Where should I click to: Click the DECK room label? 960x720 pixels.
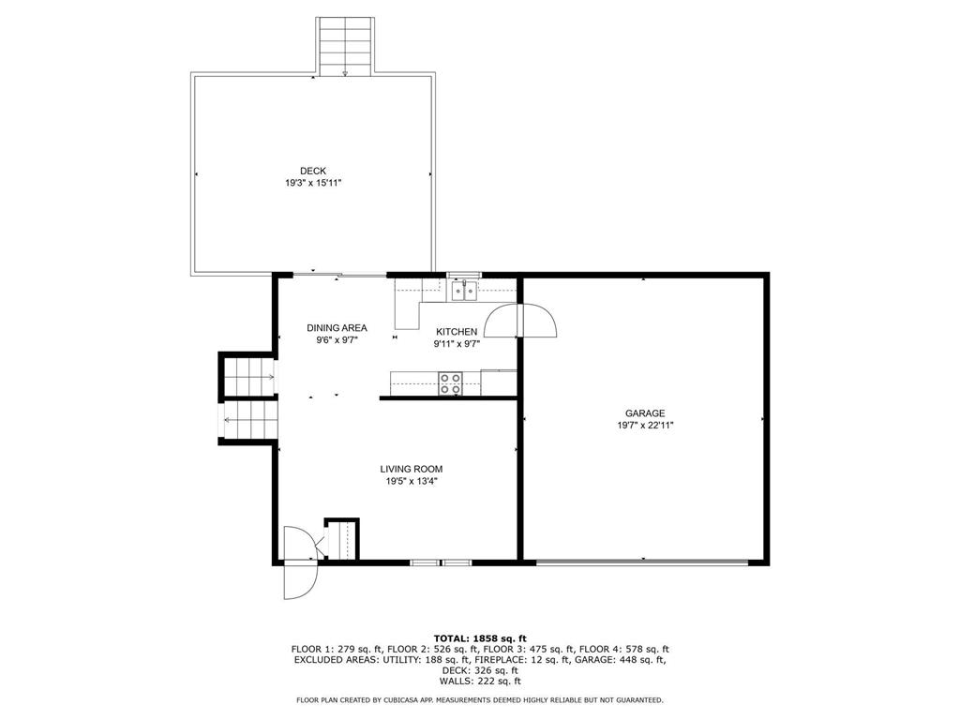313,171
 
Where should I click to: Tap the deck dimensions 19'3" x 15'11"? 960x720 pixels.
313,183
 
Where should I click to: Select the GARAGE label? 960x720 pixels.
645,413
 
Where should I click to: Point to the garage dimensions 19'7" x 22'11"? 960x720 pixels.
645,425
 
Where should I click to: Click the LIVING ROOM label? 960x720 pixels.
412,469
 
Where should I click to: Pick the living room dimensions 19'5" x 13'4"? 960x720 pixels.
412,481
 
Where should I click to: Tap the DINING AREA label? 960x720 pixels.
337,328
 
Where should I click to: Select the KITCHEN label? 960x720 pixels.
457,332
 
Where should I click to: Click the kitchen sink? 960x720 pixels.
465,291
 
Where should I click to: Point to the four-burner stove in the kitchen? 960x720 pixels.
450,382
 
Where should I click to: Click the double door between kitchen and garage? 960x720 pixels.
520,321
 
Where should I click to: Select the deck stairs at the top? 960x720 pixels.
345,47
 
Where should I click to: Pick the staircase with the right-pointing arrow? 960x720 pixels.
247,376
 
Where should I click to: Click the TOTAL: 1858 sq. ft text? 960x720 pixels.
480,638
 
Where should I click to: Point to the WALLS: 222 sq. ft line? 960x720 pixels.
480,681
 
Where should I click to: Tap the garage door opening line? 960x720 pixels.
642,562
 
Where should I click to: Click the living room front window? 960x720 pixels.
441,562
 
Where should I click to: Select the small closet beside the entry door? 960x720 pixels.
341,539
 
